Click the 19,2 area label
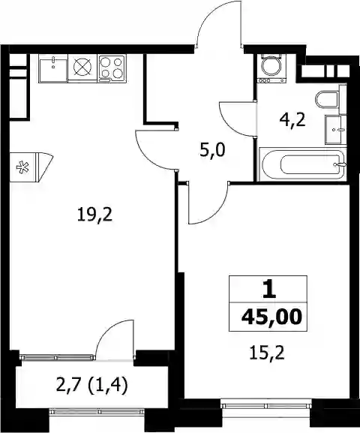pyautogui.click(x=94, y=215)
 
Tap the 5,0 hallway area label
pyautogui.click(x=212, y=151)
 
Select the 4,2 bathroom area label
pyautogui.click(x=292, y=120)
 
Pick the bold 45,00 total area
pyautogui.click(x=271, y=317)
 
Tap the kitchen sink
pyautogui.click(x=53, y=68)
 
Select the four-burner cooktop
pyautogui.click(x=112, y=68)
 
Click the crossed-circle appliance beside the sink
pyautogui.click(x=82, y=68)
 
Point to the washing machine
pyautogui.click(x=271, y=68)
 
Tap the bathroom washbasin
pyautogui.click(x=336, y=129)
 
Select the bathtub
pyautogui.click(x=303, y=164)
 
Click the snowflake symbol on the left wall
pyautogui.click(x=23, y=167)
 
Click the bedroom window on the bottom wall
pyautogui.click(x=267, y=406)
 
